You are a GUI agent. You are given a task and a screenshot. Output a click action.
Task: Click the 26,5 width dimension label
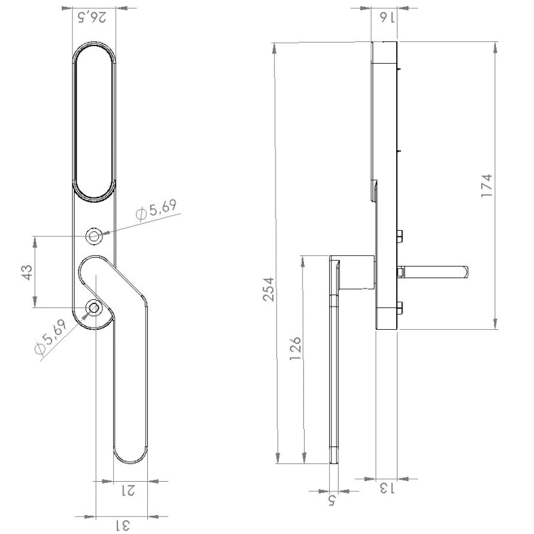pos(92,17)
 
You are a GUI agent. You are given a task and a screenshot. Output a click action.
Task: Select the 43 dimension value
pos(28,272)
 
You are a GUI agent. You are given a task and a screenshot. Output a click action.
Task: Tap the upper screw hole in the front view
pos(94,236)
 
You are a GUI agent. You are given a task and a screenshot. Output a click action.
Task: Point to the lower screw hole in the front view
pos(94,308)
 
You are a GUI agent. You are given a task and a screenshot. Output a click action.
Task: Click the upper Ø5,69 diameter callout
pos(156,211)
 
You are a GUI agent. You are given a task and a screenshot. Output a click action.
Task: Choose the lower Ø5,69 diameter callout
pos(50,337)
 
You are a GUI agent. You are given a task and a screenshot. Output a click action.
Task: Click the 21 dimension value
pos(128,491)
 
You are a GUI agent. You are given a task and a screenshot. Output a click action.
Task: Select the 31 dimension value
pos(122,525)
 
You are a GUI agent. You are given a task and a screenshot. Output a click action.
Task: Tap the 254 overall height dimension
pos(269,289)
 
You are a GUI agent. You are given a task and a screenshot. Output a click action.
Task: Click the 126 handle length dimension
pos(295,349)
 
